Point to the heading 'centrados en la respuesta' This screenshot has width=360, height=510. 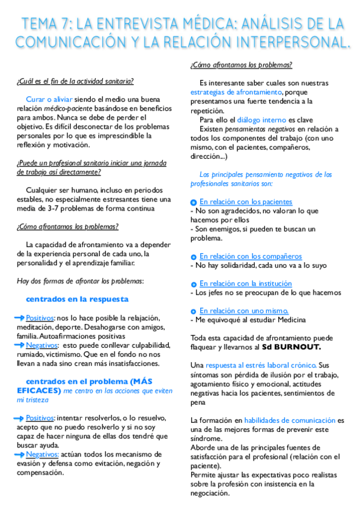77,299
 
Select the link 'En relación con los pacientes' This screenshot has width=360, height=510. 246,202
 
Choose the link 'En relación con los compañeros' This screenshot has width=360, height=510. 251,256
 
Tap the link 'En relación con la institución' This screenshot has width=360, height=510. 246,283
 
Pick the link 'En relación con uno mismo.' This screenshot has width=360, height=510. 240,310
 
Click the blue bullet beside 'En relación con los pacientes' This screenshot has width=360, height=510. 194,203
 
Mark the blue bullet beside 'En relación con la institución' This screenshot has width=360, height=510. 194,284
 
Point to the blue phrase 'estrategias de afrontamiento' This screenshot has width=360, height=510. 236,92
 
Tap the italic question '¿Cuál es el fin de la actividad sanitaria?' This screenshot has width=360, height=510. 75,82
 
